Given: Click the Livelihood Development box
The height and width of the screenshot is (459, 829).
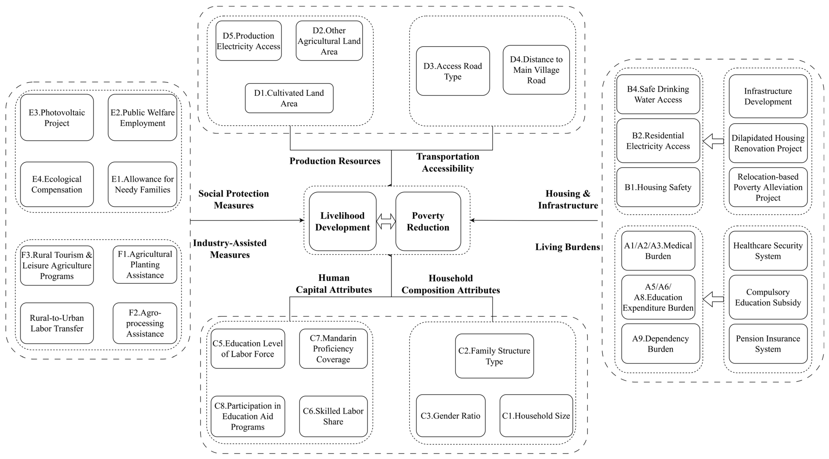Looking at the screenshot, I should [x=342, y=221].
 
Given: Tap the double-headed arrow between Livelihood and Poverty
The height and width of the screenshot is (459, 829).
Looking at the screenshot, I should [x=386, y=221].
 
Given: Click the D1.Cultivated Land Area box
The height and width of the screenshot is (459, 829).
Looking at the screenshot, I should [x=289, y=98].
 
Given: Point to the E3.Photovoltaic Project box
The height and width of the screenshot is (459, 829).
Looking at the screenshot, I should [x=57, y=118].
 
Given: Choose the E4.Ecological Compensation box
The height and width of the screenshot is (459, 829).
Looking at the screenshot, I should [x=57, y=184].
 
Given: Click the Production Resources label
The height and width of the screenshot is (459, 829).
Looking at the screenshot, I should [x=335, y=161].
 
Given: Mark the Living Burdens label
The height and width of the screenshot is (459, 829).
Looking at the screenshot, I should [x=567, y=247].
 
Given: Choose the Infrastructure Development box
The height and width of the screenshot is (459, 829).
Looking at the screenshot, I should [x=768, y=96].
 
